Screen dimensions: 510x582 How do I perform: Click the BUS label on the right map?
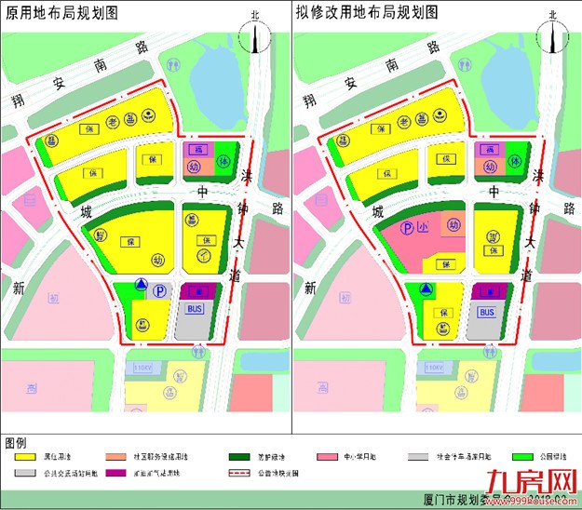pyautogui.click(x=486, y=313)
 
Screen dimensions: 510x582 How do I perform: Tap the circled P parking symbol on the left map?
pyautogui.click(x=160, y=291)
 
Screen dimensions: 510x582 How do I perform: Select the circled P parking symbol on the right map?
pyautogui.click(x=408, y=227)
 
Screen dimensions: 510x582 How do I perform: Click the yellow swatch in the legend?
pyautogui.click(x=29, y=457)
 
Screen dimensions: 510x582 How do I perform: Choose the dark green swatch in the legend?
pyautogui.click(x=240, y=457)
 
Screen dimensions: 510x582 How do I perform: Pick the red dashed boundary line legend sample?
pyautogui.click(x=240, y=473)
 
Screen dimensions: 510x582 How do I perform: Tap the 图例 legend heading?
pyautogui.click(x=16, y=441)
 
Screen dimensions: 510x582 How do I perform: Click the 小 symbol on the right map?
pyautogui.click(x=423, y=225)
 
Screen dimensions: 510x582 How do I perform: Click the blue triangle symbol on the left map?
pyautogui.click(x=139, y=285)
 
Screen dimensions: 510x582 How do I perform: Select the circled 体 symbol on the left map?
pyautogui.click(x=223, y=161)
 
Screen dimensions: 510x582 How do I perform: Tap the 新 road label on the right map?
pyautogui.click(x=309, y=289)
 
